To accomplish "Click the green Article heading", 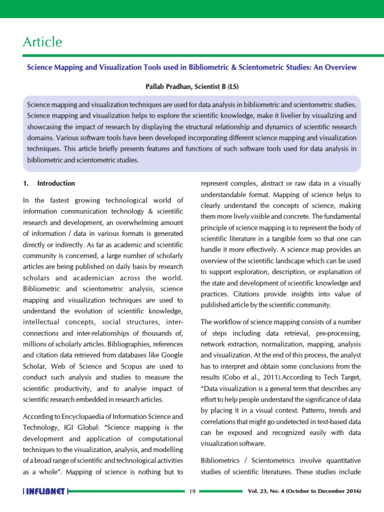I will click(42, 42).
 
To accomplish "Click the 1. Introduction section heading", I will click(49, 183).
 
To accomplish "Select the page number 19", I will click(192, 492).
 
